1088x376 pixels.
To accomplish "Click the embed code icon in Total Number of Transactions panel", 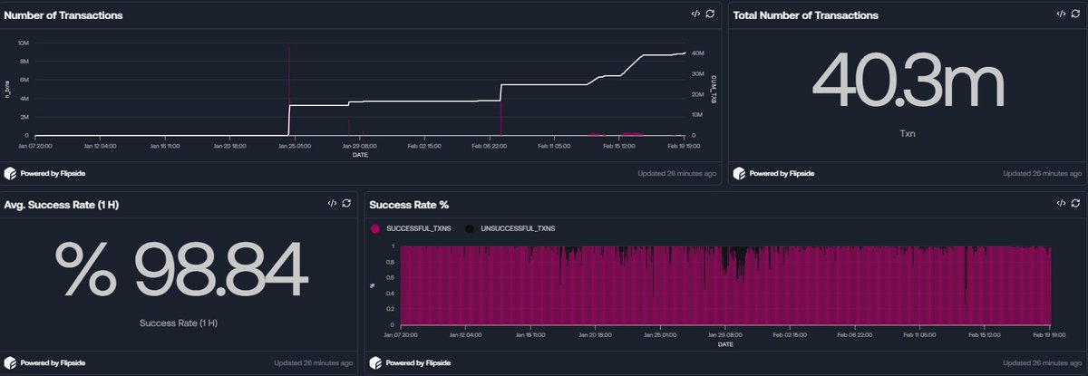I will (1060, 14).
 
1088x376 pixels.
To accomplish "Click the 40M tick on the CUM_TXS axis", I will (698, 53).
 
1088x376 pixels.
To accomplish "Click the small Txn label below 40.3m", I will (907, 131).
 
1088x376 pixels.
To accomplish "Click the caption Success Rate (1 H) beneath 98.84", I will (179, 323).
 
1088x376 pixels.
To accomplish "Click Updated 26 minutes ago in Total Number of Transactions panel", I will (1042, 172).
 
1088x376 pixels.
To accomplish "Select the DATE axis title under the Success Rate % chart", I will (724, 343).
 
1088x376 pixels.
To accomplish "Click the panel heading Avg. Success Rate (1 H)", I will (62, 205).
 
